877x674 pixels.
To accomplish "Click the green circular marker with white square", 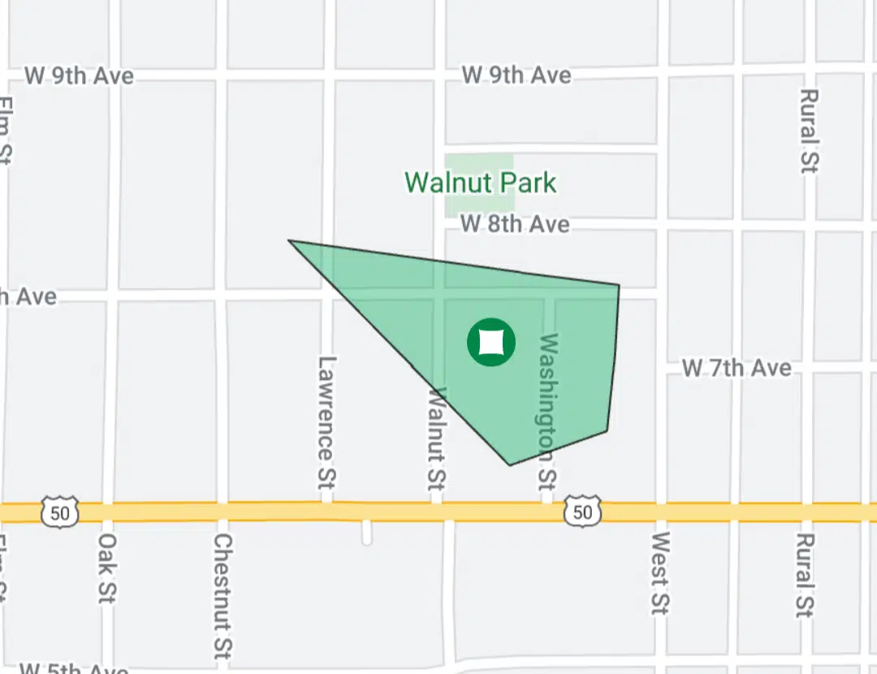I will (491, 343).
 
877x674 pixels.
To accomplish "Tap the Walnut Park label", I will (481, 182).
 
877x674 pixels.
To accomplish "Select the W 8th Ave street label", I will (515, 224).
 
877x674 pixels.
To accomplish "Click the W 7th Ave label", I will (737, 368).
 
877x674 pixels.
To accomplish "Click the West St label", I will (659, 572).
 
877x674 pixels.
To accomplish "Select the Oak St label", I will (107, 568).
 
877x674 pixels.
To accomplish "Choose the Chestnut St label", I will (223, 594).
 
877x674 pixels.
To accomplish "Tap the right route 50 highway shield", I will (582, 512).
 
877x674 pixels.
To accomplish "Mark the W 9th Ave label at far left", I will (80, 76).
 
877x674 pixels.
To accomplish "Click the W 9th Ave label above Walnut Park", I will (516, 76).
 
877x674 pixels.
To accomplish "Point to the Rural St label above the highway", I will (808, 130).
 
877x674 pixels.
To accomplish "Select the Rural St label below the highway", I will (804, 575).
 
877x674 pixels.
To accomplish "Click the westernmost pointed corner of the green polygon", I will (290, 240).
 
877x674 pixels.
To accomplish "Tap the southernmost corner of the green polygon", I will (510, 465).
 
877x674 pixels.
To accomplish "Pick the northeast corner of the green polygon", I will (619, 285).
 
